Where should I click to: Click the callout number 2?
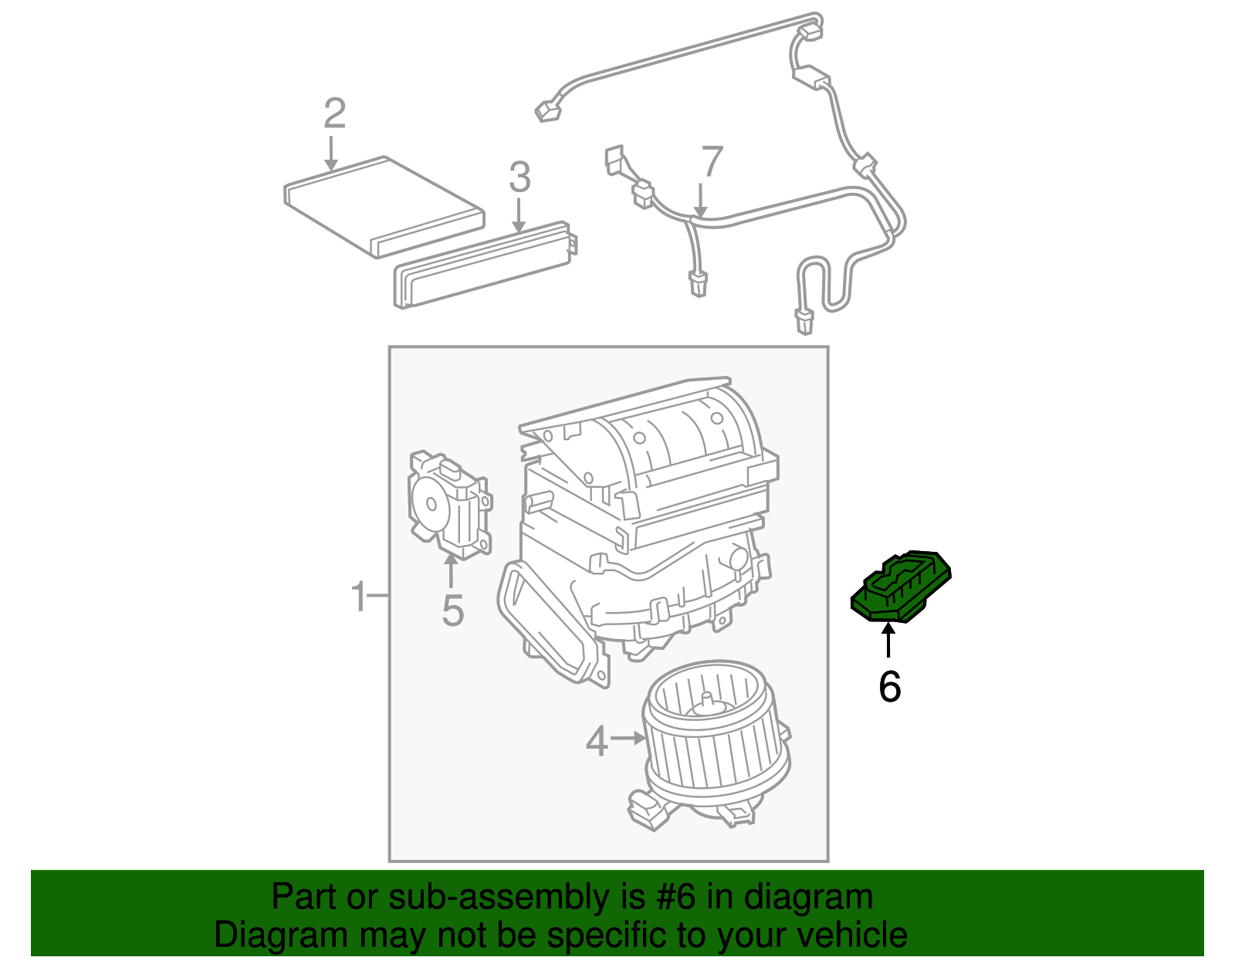tap(334, 113)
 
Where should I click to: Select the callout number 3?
tap(519, 178)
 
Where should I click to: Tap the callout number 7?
tap(711, 163)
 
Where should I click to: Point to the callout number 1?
tap(358, 597)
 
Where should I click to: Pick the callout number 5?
tap(452, 611)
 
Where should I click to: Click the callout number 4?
tap(597, 742)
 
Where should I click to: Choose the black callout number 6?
tap(889, 686)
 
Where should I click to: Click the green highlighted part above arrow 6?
tap(901, 587)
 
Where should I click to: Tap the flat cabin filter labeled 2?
tap(384, 205)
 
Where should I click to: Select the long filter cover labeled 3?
tap(485, 265)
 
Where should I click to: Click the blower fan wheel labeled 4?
tap(714, 741)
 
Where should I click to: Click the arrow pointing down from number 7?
tap(700, 200)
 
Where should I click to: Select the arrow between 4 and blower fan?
tap(628, 739)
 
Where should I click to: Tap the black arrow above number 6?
tap(888, 641)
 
